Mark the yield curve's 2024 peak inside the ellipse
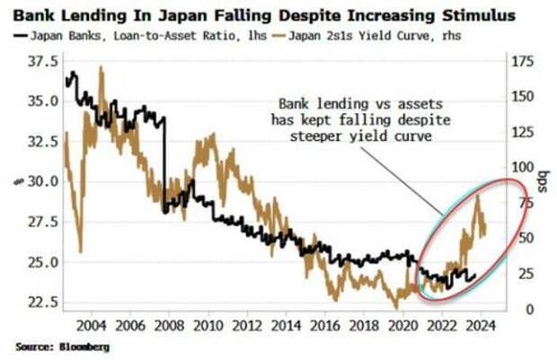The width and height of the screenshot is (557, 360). (476, 195)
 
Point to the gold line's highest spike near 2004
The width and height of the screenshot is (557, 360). (99, 67)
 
